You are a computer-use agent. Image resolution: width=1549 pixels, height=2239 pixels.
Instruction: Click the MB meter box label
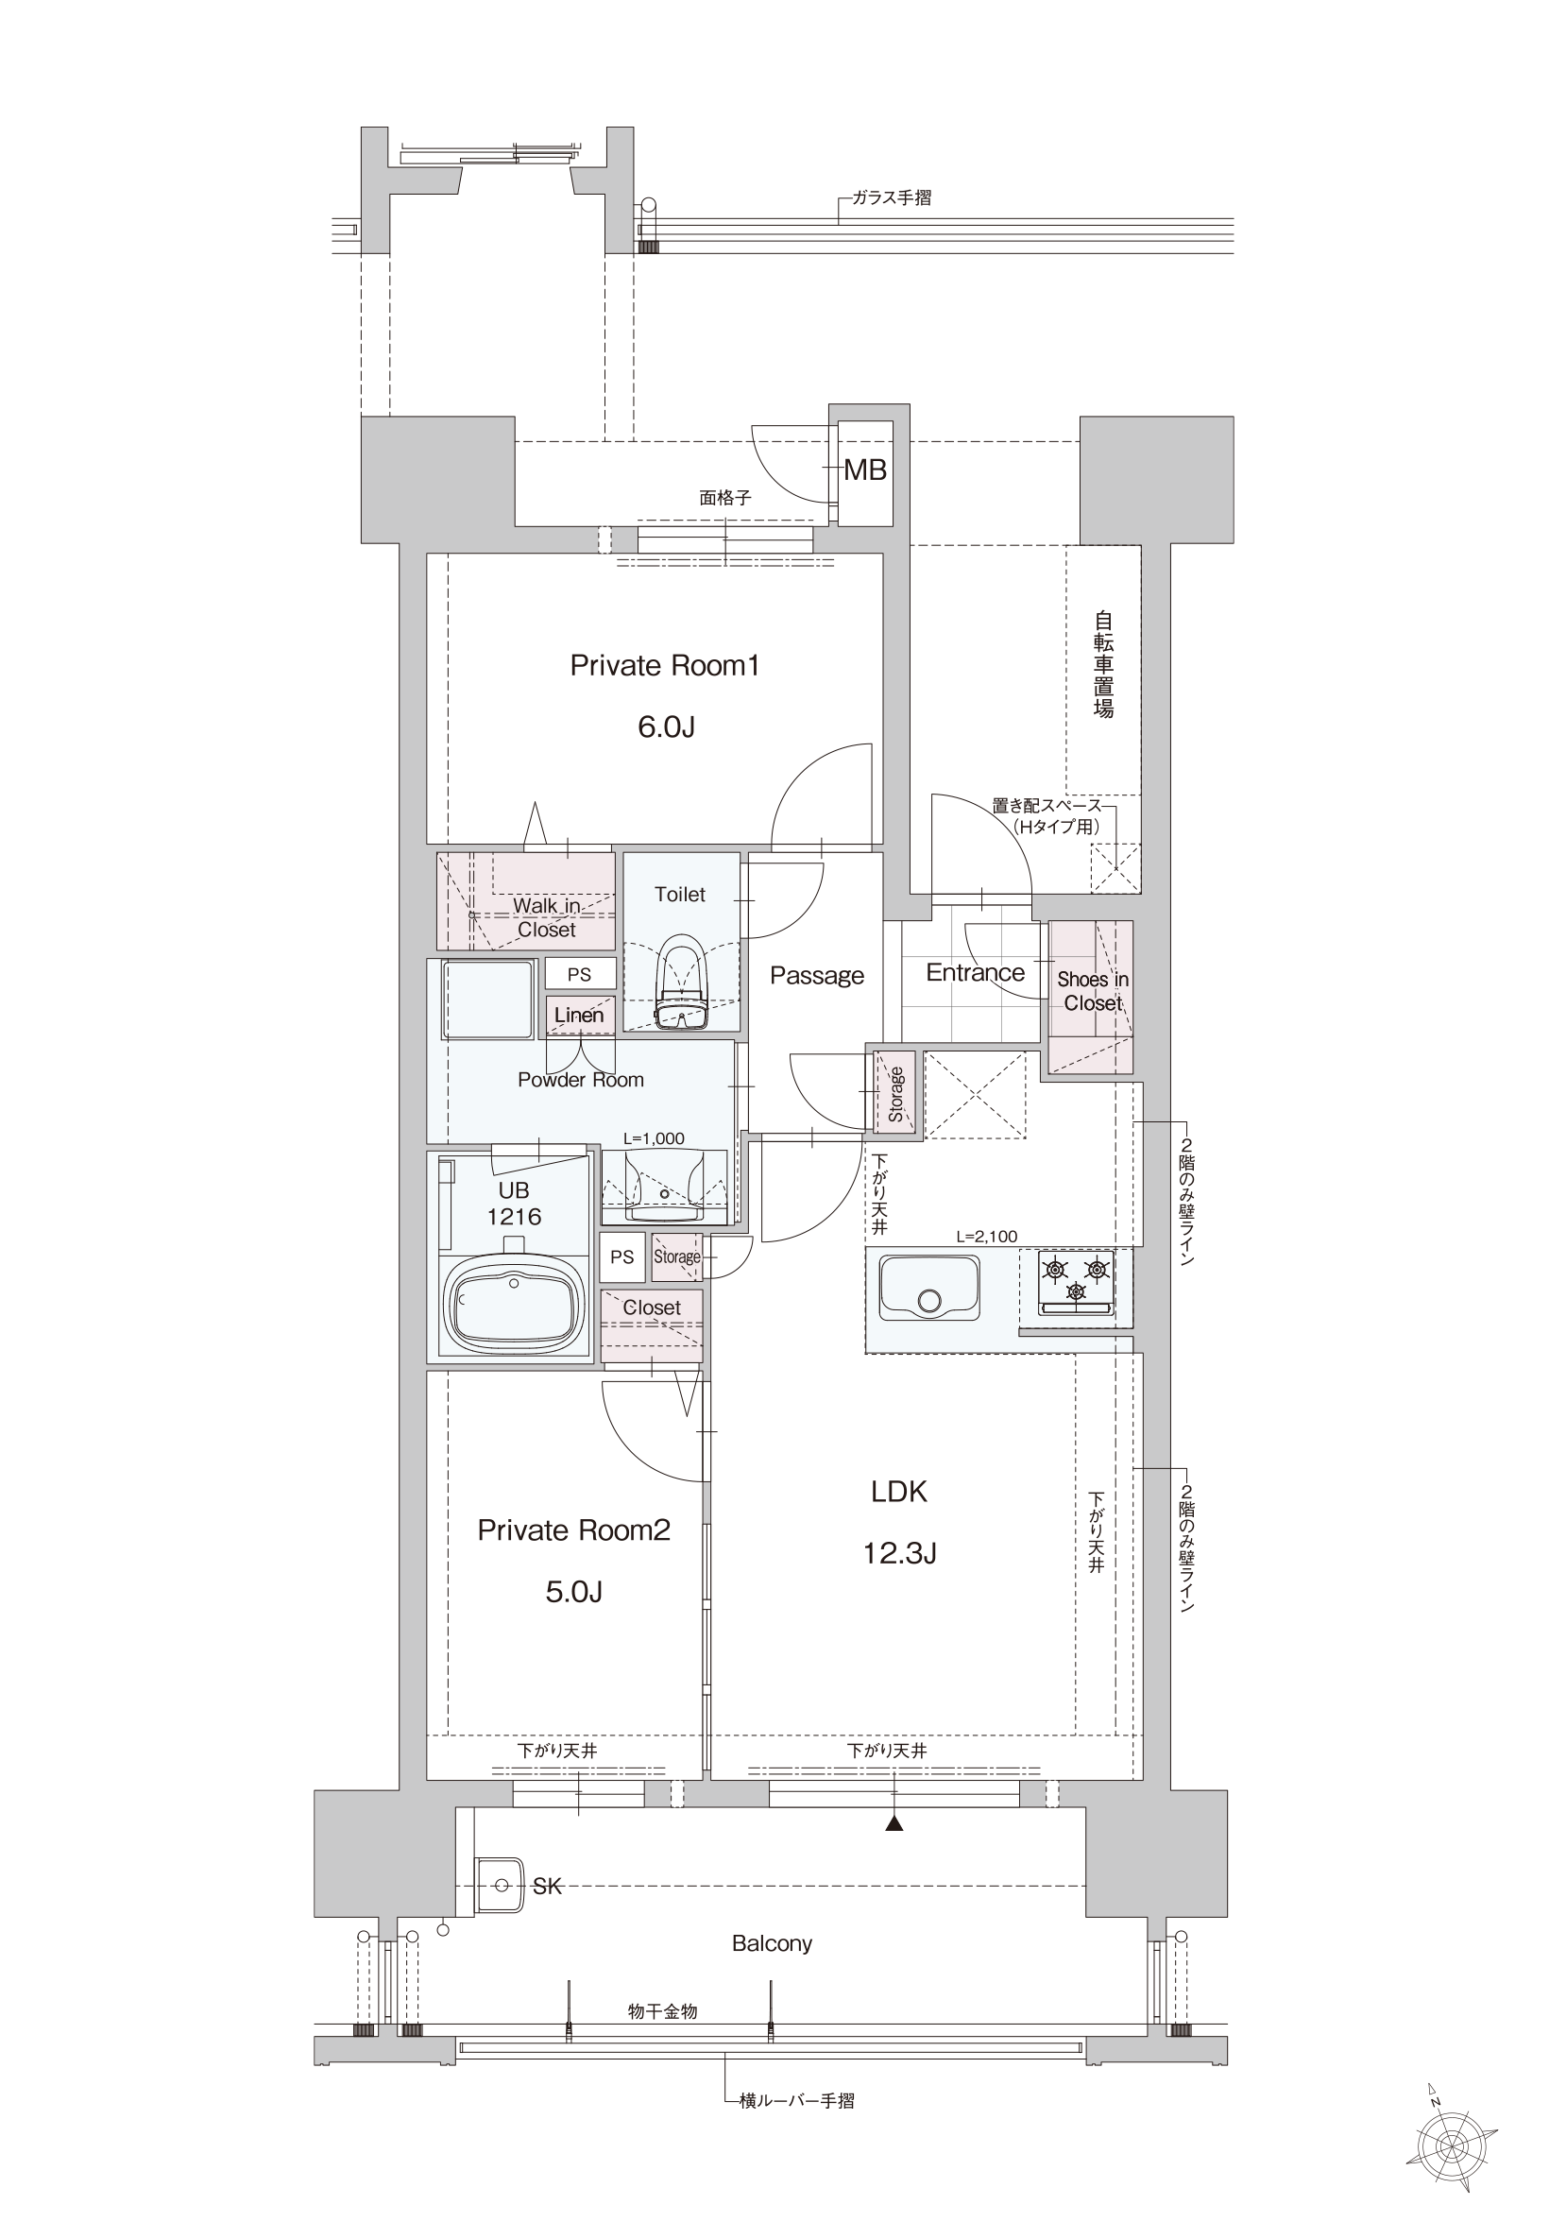[865, 470]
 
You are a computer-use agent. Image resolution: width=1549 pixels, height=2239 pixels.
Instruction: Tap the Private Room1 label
[665, 666]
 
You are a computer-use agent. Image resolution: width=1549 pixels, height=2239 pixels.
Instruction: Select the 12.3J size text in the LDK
[900, 1553]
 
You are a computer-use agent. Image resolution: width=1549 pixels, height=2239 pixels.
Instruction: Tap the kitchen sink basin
[928, 1288]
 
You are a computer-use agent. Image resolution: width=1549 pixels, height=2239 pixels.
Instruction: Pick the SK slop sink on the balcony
[498, 1886]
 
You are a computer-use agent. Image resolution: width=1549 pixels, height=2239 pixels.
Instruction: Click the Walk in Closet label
[547, 917]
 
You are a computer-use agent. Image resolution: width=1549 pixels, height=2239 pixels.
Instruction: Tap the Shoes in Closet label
[1093, 991]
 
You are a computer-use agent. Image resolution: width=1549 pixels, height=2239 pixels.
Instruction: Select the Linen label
[579, 1016]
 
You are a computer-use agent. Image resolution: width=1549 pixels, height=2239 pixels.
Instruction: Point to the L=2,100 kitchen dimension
[987, 1237]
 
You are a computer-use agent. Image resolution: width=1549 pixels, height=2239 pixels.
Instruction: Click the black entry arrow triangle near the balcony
[894, 1823]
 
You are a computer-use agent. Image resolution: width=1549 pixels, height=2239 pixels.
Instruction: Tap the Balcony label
[772, 1943]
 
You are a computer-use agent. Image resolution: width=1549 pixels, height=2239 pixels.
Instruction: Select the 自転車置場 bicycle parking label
[1103, 664]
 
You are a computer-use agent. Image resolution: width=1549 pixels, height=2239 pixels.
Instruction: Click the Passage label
[817, 976]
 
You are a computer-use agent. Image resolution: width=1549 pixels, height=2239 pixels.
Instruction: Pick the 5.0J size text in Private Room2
[574, 1592]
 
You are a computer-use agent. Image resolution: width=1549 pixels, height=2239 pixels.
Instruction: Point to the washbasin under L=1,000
[665, 1186]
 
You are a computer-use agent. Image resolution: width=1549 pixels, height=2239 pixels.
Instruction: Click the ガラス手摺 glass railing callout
[892, 198]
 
